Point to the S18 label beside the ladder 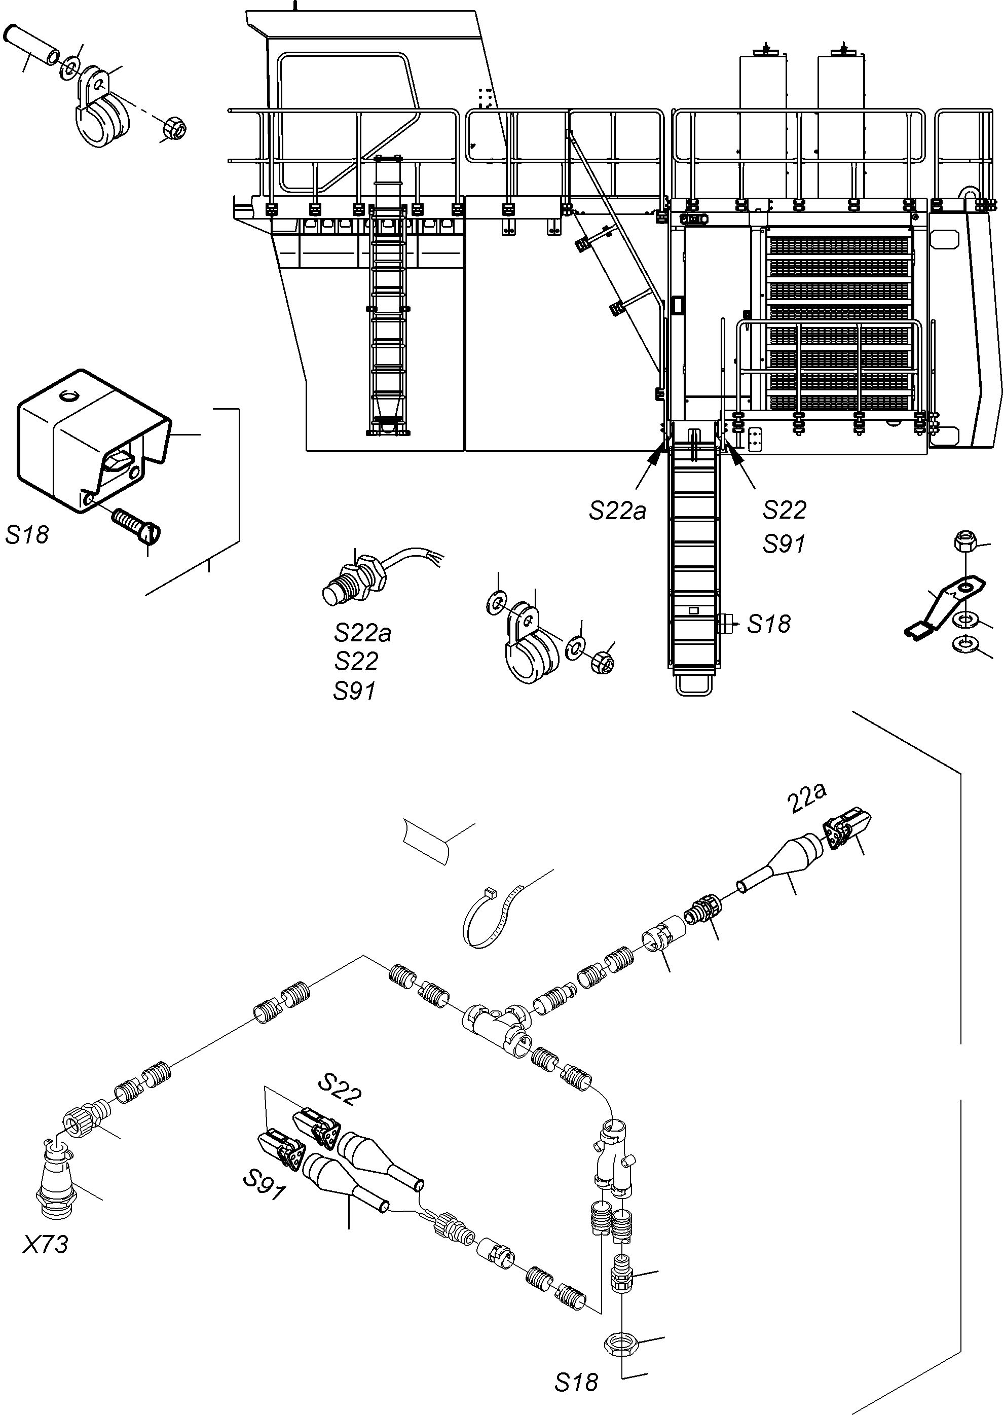[768, 624]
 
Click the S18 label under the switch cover [27, 534]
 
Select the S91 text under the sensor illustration [354, 691]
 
